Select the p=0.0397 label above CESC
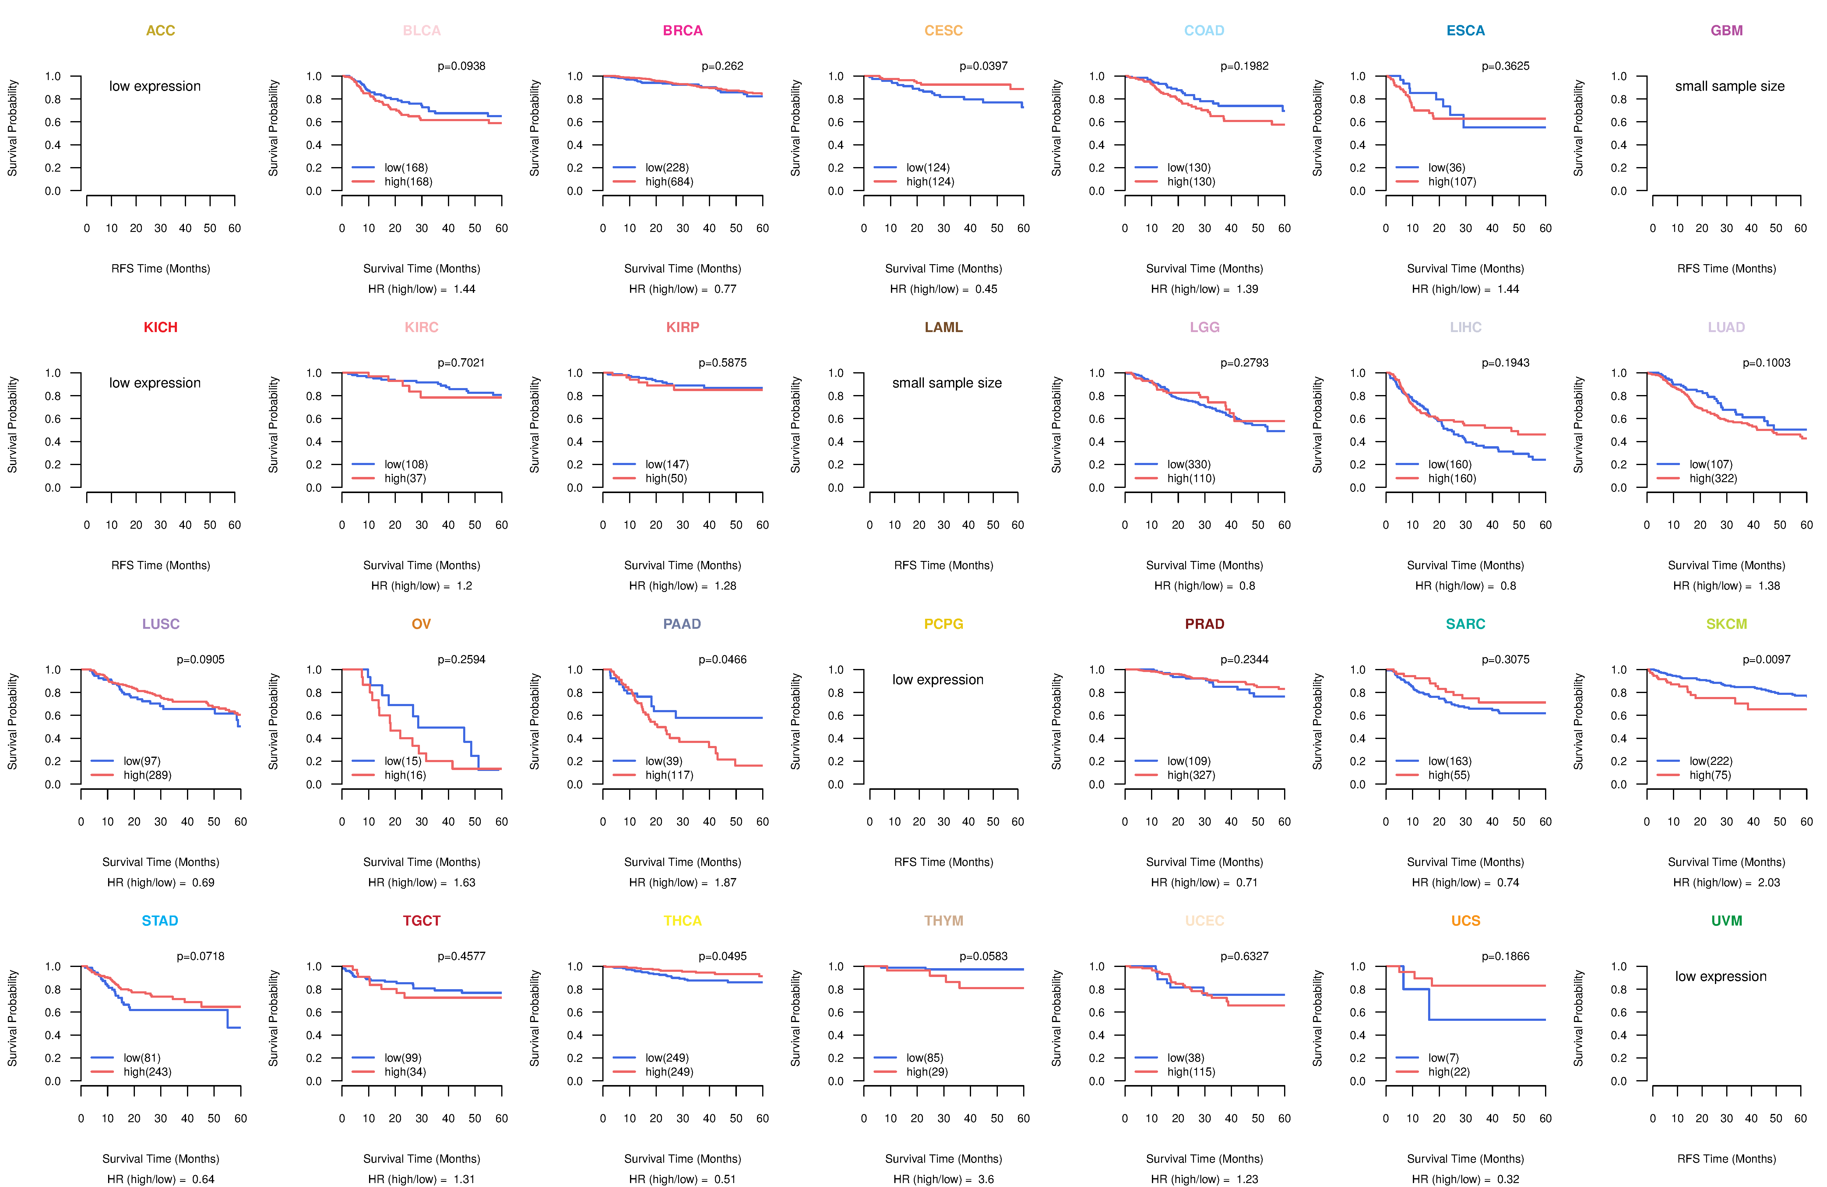tap(983, 66)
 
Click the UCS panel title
tap(1466, 921)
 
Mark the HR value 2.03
tap(1769, 882)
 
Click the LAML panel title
tap(943, 327)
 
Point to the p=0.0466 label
tap(722, 659)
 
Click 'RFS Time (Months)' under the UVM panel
tap(1727, 1159)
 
